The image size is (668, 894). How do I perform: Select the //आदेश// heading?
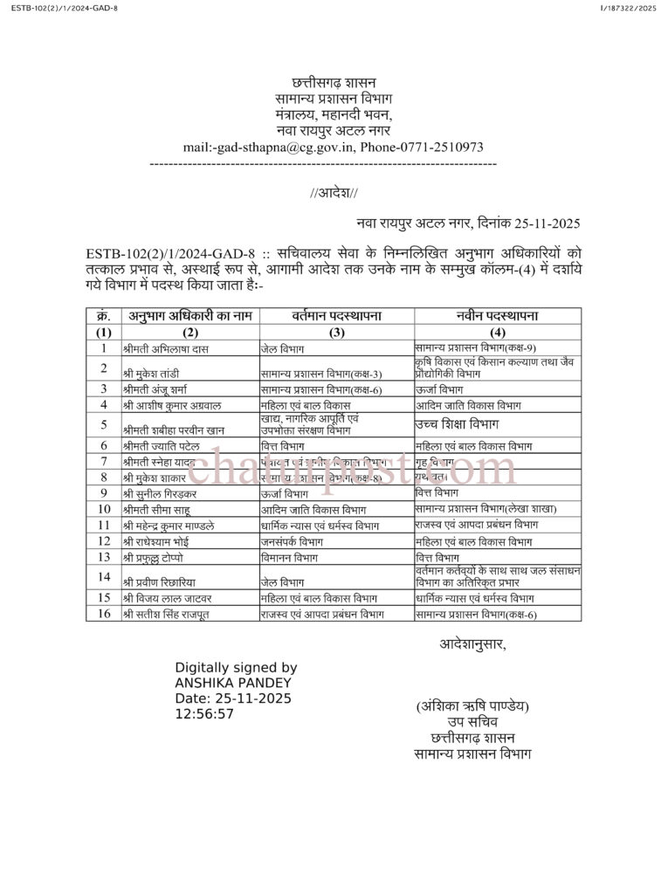[334, 193]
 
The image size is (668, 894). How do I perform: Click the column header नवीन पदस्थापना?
[497, 316]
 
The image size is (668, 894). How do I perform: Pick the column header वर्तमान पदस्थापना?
[336, 316]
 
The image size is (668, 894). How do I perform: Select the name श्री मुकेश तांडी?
[152, 374]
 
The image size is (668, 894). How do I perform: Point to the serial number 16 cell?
[104, 614]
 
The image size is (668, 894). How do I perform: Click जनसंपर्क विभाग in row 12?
[292, 541]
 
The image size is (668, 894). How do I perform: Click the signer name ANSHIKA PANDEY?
[234, 683]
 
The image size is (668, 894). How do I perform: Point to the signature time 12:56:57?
[204, 714]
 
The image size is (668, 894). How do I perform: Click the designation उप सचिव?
[472, 722]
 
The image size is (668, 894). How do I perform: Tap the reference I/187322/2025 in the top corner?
[628, 8]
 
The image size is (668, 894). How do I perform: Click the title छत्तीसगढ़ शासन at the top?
[333, 83]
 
